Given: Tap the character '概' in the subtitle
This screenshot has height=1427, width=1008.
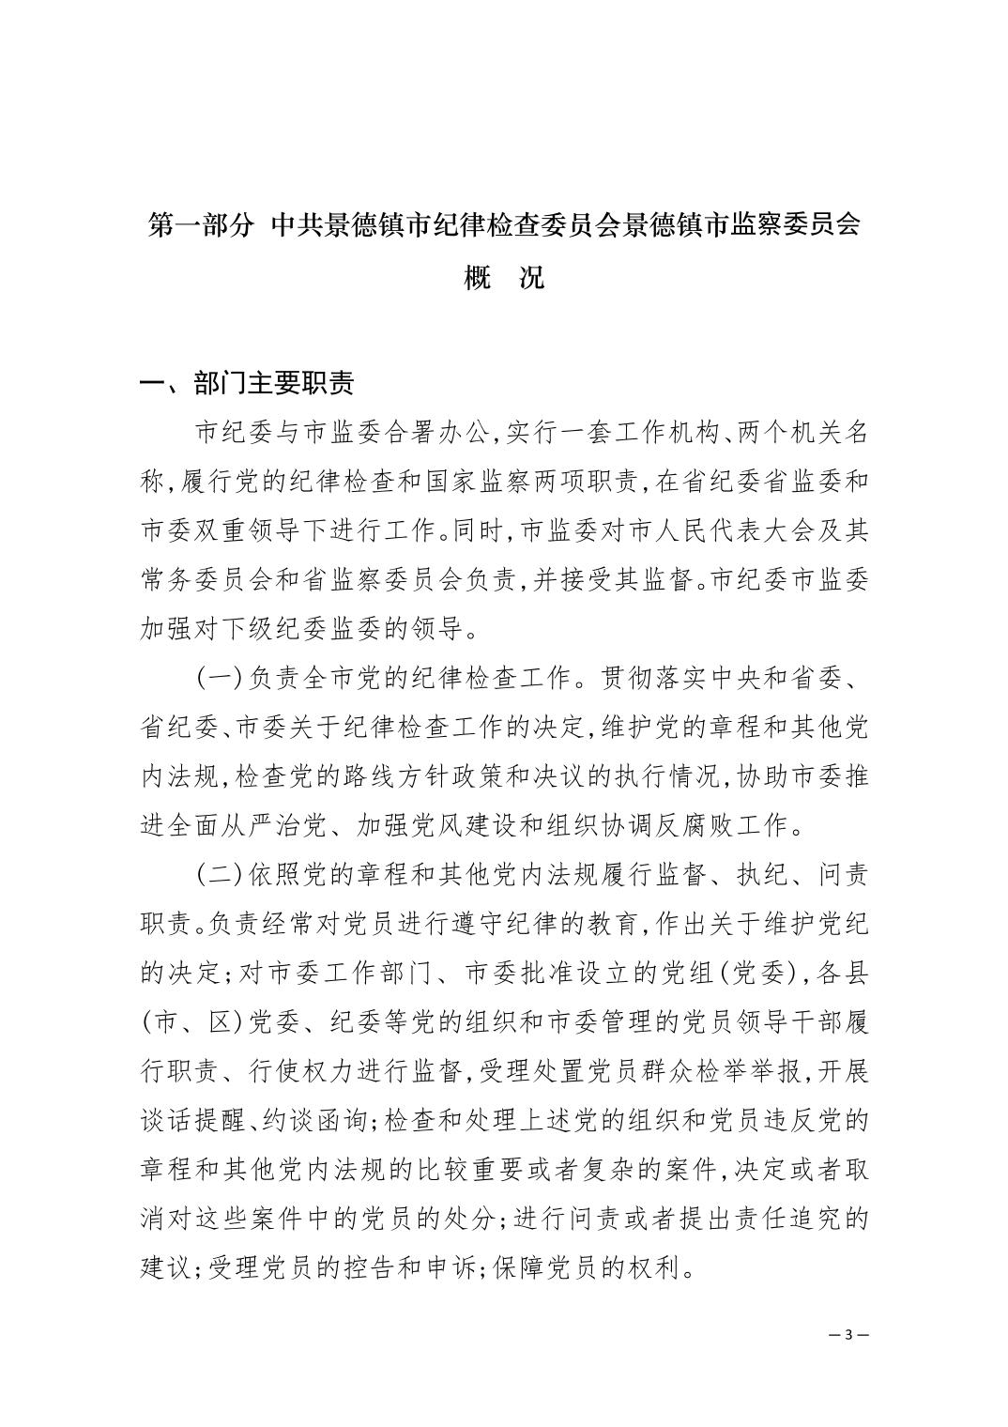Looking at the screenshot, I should tap(479, 279).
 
